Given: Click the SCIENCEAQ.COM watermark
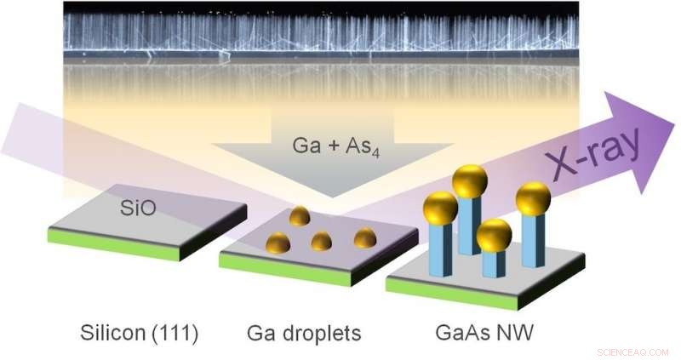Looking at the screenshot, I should pyautogui.click(x=633, y=351).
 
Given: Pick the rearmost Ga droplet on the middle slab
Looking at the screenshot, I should pyautogui.click(x=299, y=216).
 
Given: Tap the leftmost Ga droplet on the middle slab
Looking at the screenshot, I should pyautogui.click(x=279, y=244).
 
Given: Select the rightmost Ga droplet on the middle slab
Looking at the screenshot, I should pyautogui.click(x=364, y=237).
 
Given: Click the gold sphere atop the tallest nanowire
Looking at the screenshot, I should pyautogui.click(x=469, y=181).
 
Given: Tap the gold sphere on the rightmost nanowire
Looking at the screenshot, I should pyautogui.click(x=533, y=198).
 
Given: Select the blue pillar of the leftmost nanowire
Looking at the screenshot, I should pyautogui.click(x=440, y=251).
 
